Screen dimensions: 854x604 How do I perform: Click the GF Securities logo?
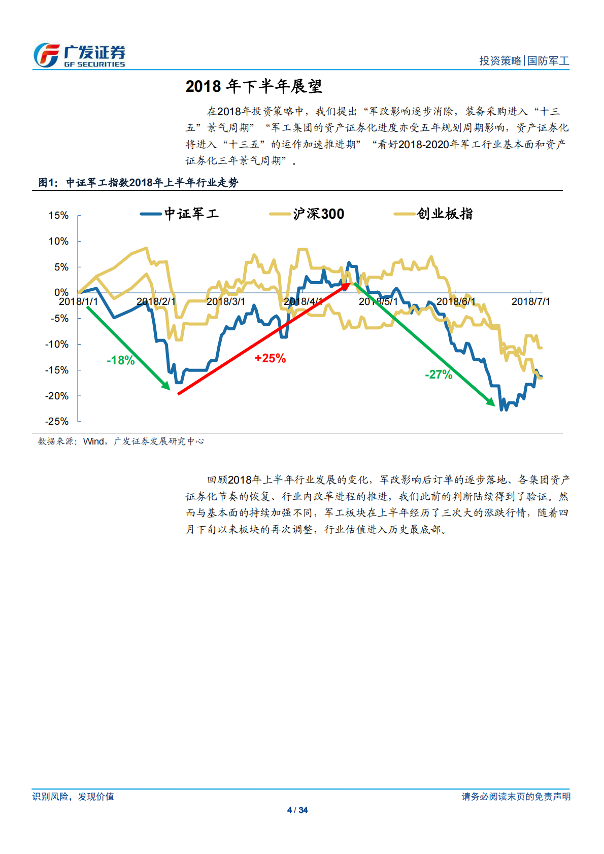[x=79, y=55]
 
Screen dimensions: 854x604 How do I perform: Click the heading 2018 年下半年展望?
[x=254, y=86]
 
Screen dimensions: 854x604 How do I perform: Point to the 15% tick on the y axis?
[x=58, y=215]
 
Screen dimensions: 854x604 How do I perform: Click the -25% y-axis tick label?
[x=57, y=421]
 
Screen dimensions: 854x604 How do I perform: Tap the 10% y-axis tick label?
[x=58, y=241]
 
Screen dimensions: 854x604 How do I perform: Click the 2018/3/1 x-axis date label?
[x=226, y=301]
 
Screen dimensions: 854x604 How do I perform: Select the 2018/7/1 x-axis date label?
[x=530, y=301]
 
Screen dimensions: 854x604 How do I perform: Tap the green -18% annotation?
[x=121, y=360]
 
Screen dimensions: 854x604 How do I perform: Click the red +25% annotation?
[x=270, y=358]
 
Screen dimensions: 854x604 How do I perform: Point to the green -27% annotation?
[x=439, y=374]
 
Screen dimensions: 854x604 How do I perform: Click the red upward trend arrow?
[x=264, y=338]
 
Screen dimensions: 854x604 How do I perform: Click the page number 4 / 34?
[x=297, y=810]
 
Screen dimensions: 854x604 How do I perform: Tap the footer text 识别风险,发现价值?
[x=73, y=796]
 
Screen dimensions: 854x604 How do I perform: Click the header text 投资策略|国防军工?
[x=524, y=61]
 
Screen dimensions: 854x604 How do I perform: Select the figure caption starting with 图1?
[x=138, y=183]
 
